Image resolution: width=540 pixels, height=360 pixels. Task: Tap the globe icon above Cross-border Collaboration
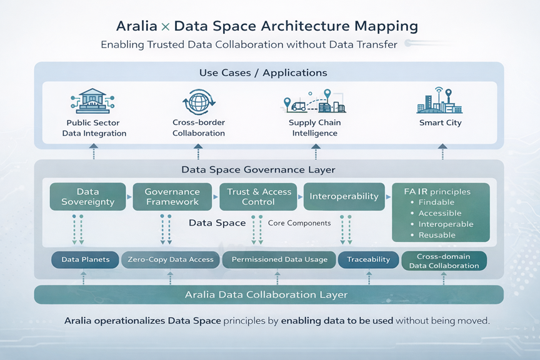(x=198, y=101)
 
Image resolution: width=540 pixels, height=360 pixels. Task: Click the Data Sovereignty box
(x=87, y=197)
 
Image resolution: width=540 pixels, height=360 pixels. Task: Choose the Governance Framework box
(x=172, y=197)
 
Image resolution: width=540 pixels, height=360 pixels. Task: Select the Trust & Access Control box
(x=258, y=197)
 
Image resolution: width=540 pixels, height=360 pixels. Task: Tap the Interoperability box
(x=344, y=196)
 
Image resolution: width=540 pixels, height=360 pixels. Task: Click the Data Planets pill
(x=85, y=259)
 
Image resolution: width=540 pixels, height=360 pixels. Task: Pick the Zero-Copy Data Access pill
(x=170, y=259)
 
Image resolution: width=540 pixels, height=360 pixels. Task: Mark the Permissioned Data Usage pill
(x=279, y=259)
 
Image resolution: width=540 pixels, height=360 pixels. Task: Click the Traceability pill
(x=368, y=259)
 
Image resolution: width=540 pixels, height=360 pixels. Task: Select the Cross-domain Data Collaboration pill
(x=444, y=261)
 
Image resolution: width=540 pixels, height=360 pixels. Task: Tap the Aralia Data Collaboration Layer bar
(x=269, y=294)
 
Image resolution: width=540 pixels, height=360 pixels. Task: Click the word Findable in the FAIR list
(x=436, y=202)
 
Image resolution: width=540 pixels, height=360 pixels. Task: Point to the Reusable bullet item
(x=436, y=235)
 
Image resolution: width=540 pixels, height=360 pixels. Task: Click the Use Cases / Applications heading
(x=263, y=73)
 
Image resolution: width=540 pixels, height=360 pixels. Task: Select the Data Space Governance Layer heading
(x=258, y=169)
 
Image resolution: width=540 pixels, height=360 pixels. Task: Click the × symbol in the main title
(x=165, y=27)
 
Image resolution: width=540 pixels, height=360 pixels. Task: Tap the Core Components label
(x=299, y=223)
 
